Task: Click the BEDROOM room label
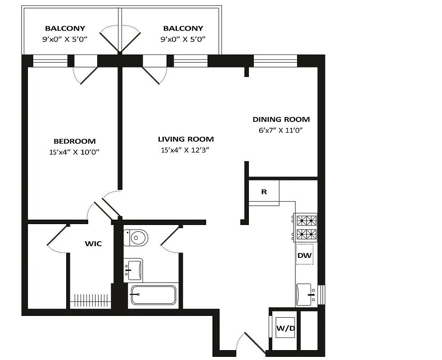point(75,141)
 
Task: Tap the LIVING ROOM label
point(185,139)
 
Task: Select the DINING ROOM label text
point(281,119)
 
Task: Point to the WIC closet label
point(93,244)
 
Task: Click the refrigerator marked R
point(264,192)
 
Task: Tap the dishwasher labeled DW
point(304,255)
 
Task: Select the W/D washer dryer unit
point(285,329)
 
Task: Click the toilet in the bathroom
point(136,237)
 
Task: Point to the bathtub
point(153,295)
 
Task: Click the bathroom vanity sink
point(133,270)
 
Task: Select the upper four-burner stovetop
point(306,220)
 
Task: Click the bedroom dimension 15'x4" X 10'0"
point(75,152)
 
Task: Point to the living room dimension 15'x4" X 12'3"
point(185,150)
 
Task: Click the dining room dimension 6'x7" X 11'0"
point(281,130)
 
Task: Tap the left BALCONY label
point(65,28)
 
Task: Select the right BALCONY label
point(183,28)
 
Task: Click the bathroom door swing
point(170,238)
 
